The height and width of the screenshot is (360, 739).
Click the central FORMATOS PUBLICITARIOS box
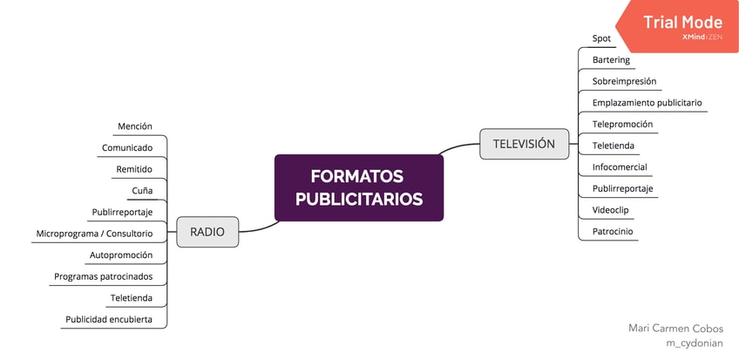(x=358, y=187)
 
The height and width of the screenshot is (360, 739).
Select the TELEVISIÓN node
(x=523, y=144)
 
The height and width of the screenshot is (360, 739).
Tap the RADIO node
(x=207, y=232)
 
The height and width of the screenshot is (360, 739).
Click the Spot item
(x=601, y=39)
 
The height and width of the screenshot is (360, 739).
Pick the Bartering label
(x=611, y=60)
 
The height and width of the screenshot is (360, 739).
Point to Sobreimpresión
(x=624, y=81)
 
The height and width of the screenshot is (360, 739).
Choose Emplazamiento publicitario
(x=647, y=103)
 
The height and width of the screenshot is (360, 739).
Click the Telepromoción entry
(x=622, y=124)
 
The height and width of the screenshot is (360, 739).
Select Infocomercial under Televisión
(x=620, y=166)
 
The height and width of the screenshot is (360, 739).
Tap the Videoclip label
(x=610, y=210)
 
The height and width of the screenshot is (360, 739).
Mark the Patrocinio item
(x=613, y=231)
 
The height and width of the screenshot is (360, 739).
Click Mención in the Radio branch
(x=135, y=126)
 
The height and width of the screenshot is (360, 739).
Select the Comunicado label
(x=127, y=147)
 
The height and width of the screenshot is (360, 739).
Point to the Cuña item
(x=143, y=190)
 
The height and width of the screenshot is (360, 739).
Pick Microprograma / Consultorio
(x=94, y=234)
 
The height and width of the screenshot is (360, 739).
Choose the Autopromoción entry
(x=121, y=255)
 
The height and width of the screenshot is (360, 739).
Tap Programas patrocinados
(x=103, y=276)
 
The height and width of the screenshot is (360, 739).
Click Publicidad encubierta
(x=109, y=319)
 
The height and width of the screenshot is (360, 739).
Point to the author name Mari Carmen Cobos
(x=675, y=329)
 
